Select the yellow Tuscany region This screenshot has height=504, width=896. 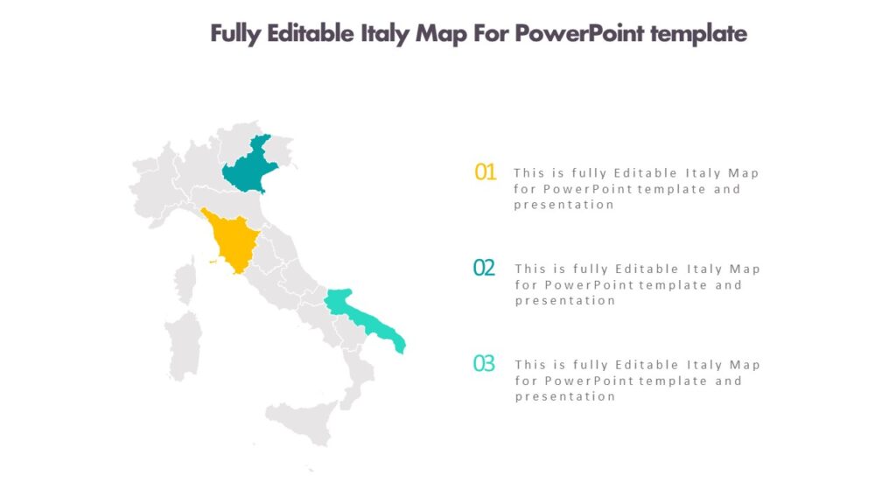tap(234, 241)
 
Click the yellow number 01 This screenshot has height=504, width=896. tap(486, 171)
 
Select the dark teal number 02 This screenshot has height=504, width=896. tap(484, 268)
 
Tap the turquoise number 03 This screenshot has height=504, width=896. tap(484, 363)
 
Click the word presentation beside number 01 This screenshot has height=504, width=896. tap(564, 205)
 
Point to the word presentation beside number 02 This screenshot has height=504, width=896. tap(565, 301)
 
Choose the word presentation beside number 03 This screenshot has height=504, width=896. tap(565, 396)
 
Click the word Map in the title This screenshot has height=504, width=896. tap(442, 33)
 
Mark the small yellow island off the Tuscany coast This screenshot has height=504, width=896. tap(213, 260)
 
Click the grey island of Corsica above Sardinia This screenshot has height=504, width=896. tap(185, 283)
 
